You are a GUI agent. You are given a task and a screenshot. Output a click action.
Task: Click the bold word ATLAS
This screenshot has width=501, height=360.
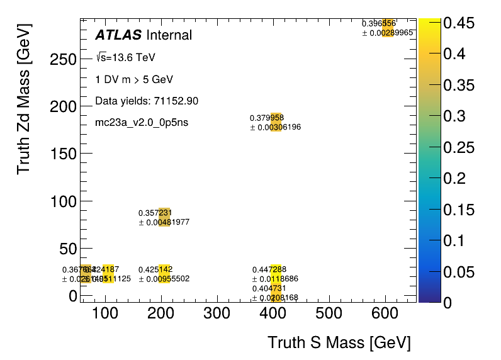(x=118, y=35)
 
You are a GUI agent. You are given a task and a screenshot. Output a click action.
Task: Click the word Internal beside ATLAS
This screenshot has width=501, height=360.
(x=169, y=35)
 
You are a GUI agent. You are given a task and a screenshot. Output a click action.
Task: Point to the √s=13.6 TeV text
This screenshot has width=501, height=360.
(x=125, y=58)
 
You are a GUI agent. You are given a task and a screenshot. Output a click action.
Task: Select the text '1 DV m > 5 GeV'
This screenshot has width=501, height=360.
(x=133, y=80)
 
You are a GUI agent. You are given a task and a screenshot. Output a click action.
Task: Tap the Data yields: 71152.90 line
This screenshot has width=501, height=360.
(x=147, y=101)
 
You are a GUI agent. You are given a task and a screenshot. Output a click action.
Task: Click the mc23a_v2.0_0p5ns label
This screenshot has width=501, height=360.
(x=142, y=122)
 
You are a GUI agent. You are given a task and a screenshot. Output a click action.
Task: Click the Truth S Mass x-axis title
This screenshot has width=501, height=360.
(x=339, y=343)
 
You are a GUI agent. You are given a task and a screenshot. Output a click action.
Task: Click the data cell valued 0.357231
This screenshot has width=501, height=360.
(x=164, y=217)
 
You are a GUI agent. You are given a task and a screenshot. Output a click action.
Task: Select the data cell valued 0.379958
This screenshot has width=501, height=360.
(x=276, y=122)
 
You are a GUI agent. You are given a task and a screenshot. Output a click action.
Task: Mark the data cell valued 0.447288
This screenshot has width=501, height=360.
(x=276, y=274)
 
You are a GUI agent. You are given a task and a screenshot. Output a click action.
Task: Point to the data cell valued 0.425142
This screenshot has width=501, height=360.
(x=164, y=274)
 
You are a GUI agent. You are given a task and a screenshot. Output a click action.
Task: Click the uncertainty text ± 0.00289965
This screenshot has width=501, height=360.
(x=388, y=33)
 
